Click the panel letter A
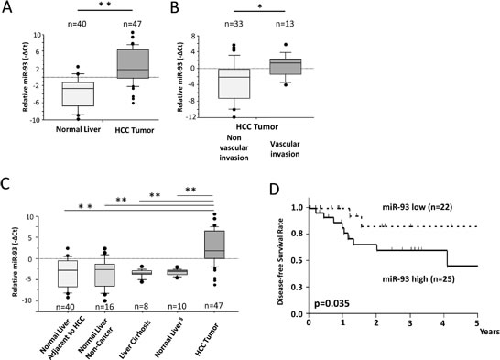9,10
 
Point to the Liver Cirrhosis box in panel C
143,272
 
